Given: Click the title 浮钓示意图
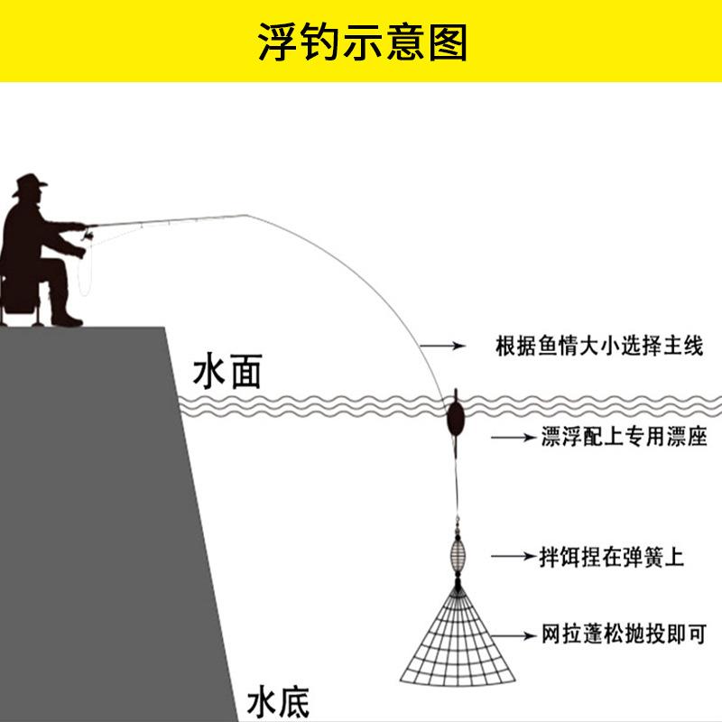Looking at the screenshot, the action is pyautogui.click(x=361, y=42).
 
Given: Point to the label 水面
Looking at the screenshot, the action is pyautogui.click(x=227, y=371).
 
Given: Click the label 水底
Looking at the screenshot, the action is pyautogui.click(x=278, y=701).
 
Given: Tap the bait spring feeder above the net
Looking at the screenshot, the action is pyautogui.click(x=458, y=553).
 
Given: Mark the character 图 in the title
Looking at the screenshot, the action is pyautogui.click(x=449, y=42).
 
